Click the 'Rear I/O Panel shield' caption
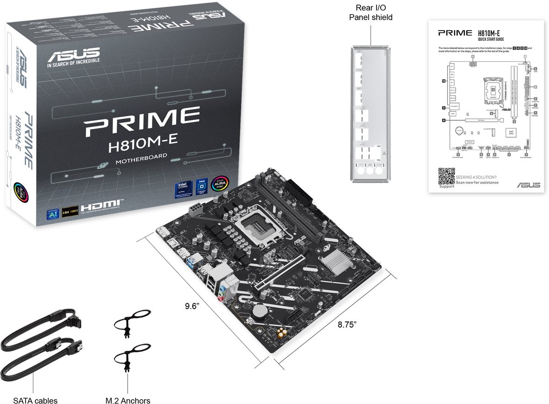click(x=371, y=12)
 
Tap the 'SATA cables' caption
click(x=35, y=400)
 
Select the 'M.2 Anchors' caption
click(x=128, y=400)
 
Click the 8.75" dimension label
click(x=347, y=324)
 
